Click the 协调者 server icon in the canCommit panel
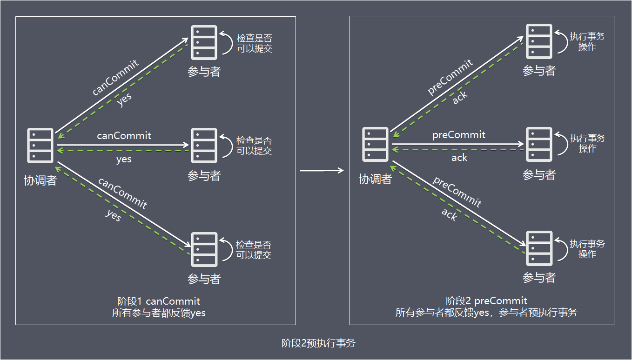40,146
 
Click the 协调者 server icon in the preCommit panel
375,145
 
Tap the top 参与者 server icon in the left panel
204,42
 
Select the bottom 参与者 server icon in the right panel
539,248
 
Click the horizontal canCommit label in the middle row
124,136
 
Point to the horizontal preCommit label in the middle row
459,135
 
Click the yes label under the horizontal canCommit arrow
124,159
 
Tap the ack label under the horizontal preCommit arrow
459,158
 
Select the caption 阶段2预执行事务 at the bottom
318,343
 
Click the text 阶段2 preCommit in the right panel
486,300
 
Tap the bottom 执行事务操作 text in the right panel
587,249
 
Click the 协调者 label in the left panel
40,180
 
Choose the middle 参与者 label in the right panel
539,175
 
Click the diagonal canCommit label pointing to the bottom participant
122,193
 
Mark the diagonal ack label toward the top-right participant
460,97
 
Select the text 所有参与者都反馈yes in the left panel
159,313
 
